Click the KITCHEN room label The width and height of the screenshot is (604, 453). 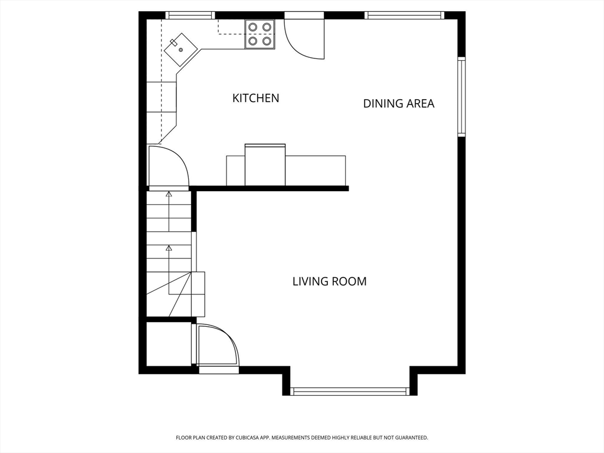[255, 98]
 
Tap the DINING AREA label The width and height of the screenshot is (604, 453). [399, 103]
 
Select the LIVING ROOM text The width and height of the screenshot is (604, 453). [329, 281]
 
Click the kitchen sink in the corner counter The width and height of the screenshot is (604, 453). [180, 50]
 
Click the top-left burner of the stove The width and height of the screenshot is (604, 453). [253, 27]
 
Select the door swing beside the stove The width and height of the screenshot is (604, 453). [304, 38]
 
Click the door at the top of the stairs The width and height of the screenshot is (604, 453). [168, 166]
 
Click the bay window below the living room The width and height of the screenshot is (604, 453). [350, 392]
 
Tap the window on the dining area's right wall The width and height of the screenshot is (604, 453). [461, 96]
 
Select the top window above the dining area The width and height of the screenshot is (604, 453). [404, 15]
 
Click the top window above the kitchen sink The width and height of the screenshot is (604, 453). [191, 15]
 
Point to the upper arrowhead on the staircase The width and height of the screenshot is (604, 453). [168, 194]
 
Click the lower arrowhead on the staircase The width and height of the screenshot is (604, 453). [168, 248]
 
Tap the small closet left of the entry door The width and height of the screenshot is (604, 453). [169, 344]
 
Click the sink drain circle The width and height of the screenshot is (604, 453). [180, 50]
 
